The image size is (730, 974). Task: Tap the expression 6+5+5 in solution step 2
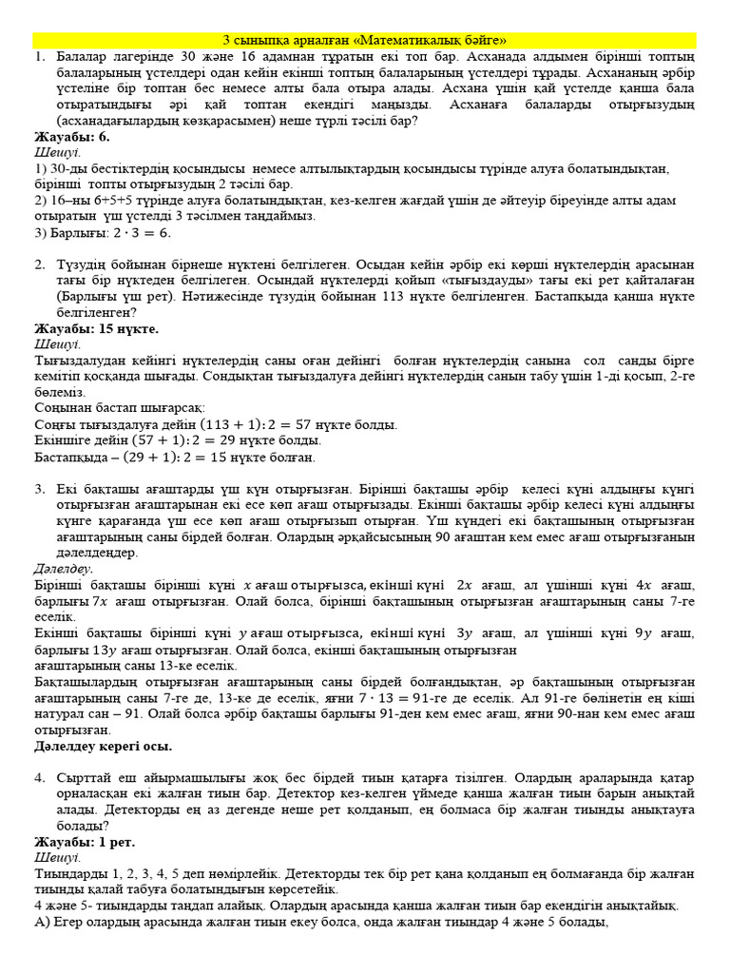(x=101, y=200)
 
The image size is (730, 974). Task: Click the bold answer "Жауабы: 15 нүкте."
(x=96, y=328)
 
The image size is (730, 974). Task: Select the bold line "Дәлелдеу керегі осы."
(x=104, y=747)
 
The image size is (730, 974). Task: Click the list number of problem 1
(x=40, y=57)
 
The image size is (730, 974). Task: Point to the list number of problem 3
(x=40, y=488)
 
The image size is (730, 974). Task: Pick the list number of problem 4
(x=40, y=778)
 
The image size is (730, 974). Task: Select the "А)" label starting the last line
(x=41, y=922)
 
